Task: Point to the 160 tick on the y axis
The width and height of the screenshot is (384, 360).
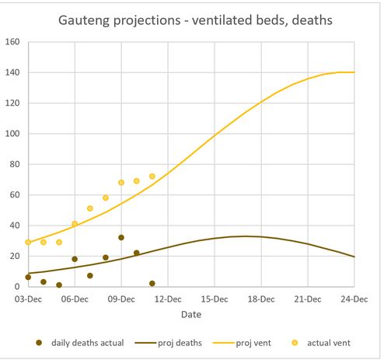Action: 13,41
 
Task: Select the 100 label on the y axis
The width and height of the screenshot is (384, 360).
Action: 13,133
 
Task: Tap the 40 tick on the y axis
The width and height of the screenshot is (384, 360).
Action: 13,225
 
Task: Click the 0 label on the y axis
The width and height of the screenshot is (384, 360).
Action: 17,287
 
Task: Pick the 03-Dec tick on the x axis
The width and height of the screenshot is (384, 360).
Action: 28,298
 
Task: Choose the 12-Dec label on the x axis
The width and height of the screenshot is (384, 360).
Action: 168,298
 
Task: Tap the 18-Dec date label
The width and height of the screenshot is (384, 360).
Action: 261,298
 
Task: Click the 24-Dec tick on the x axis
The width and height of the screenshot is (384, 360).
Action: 354,298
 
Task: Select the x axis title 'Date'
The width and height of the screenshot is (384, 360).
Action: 191,314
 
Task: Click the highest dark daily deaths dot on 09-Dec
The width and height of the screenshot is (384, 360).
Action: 121,237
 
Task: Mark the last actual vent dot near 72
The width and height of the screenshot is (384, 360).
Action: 152,177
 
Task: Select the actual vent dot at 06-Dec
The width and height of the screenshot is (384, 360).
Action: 75,224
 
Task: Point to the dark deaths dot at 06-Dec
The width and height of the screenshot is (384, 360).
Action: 75,259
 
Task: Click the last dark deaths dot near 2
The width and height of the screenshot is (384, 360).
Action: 152,284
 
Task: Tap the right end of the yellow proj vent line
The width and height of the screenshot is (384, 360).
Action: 354,72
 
